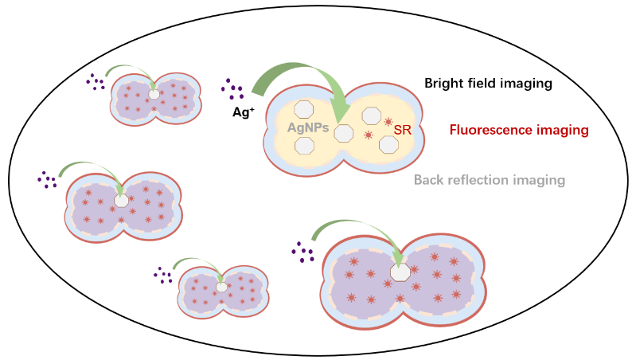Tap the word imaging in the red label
tap(563, 129)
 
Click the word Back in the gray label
tap(430, 180)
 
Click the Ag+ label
tap(243, 113)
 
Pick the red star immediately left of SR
tap(388, 122)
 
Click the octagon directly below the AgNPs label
tap(304, 147)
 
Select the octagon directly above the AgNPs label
tap(304, 109)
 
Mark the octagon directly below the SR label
tap(388, 145)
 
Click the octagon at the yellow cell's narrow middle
tap(343, 133)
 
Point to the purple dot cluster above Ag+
tap(232, 89)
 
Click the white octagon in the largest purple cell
tap(400, 272)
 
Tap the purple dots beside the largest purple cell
tap(303, 252)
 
